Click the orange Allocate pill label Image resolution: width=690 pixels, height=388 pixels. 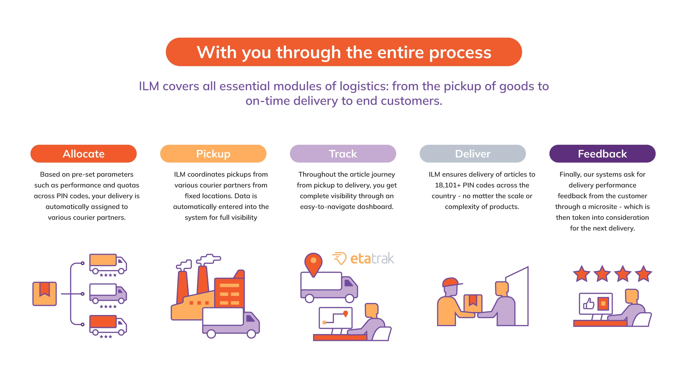(83, 154)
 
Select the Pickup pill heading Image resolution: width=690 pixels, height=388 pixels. (213, 154)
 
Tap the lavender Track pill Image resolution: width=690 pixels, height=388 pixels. (343, 154)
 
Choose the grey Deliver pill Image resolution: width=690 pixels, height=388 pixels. (472, 154)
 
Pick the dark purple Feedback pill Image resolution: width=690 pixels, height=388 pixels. (602, 154)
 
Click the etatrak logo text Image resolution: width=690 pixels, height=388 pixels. (372, 259)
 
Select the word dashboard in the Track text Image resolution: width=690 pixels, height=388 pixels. (375, 207)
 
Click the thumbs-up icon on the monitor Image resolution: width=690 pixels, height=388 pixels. (589, 304)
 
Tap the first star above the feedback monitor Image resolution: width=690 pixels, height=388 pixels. (581, 274)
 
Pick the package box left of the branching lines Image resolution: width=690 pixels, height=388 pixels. (45, 294)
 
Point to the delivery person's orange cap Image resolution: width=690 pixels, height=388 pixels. (451, 282)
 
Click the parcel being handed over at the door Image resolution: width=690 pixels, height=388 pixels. (473, 303)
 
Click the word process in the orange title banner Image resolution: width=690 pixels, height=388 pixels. (460, 52)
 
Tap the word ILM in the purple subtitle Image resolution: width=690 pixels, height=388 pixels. (149, 87)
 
